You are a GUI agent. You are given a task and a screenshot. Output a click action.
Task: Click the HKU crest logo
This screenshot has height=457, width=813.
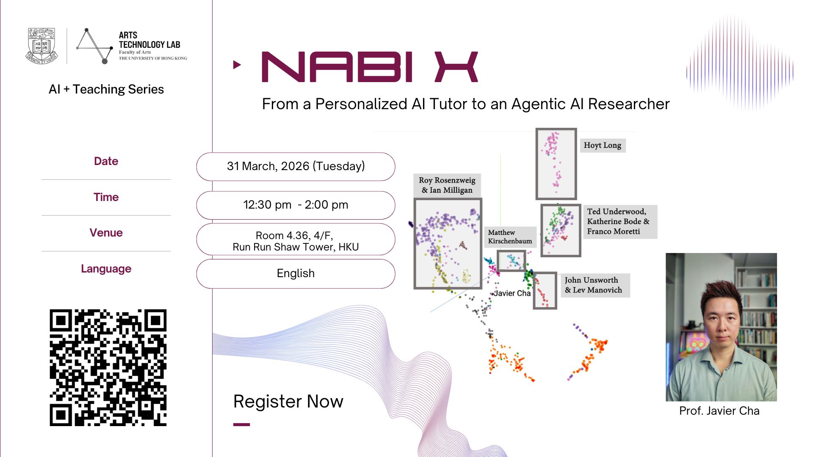(41, 46)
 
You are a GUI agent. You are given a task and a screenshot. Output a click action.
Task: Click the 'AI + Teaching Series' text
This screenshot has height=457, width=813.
(106, 89)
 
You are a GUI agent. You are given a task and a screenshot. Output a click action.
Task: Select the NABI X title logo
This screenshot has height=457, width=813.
(370, 67)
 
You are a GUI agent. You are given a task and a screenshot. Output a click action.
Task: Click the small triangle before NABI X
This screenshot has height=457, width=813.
(237, 65)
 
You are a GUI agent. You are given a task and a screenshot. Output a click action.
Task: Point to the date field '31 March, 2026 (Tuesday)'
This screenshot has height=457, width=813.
(296, 166)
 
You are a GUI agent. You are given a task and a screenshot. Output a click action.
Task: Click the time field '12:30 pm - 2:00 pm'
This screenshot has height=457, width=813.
(296, 205)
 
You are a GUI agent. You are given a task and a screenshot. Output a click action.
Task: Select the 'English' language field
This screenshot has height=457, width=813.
(296, 273)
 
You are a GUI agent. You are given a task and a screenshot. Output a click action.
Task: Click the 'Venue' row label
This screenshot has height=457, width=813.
(106, 233)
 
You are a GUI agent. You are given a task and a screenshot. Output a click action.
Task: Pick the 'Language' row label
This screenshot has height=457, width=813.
(106, 269)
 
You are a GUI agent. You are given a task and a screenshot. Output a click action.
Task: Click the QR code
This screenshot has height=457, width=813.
(108, 367)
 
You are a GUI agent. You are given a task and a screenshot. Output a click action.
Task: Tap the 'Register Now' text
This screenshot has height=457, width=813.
(288, 401)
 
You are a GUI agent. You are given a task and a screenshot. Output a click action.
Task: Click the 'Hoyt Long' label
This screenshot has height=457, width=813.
(603, 145)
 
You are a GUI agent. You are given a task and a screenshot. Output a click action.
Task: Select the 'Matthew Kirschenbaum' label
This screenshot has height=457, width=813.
(510, 237)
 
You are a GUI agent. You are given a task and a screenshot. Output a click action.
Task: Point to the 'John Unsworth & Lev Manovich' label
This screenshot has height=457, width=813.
(595, 285)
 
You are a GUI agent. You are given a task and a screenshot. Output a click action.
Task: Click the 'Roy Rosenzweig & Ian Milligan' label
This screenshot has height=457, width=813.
(447, 185)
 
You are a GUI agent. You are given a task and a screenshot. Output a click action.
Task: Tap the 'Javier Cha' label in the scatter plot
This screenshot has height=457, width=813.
(512, 293)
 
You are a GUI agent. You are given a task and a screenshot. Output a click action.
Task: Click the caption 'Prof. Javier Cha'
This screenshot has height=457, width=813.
(719, 411)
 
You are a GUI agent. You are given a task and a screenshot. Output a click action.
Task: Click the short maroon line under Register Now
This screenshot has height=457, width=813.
(241, 424)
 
